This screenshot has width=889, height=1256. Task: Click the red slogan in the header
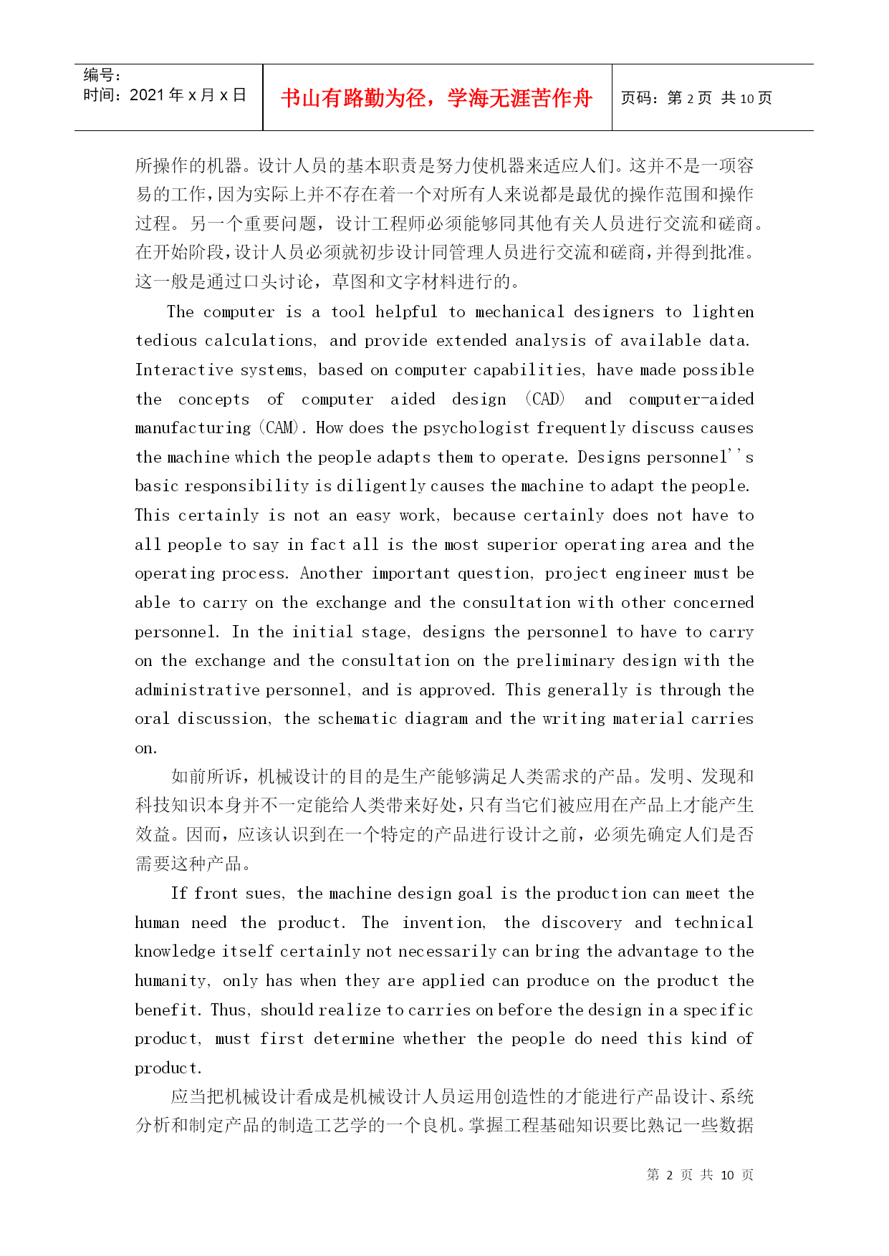click(x=436, y=98)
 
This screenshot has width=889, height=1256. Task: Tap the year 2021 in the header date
click(x=147, y=95)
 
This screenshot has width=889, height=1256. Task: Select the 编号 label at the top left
click(x=99, y=75)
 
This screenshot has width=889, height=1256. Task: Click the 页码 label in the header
click(x=638, y=98)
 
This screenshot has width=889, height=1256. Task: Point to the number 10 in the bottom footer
click(x=727, y=1175)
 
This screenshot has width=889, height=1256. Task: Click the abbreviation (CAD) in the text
click(x=545, y=400)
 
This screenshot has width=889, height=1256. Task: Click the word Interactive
click(x=183, y=370)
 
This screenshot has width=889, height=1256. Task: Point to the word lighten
click(x=723, y=312)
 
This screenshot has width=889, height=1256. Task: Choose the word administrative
click(x=197, y=690)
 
